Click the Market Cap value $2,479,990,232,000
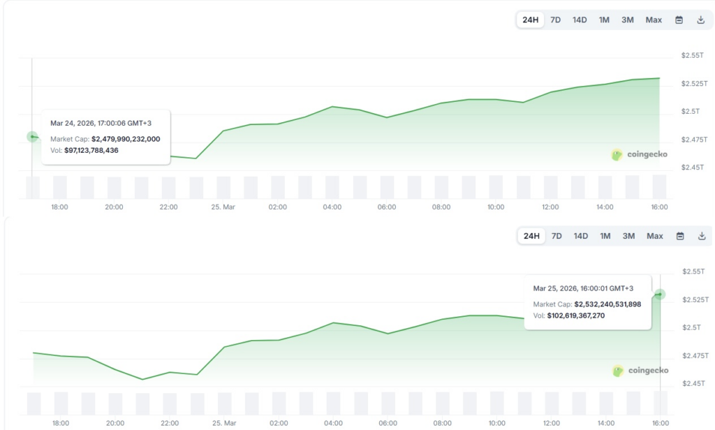point(126,139)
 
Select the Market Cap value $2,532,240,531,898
point(607,304)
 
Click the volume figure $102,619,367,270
point(580,316)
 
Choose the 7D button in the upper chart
point(556,20)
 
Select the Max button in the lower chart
point(655,236)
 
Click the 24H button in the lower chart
point(531,236)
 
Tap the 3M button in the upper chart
point(628,20)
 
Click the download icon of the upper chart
point(700,20)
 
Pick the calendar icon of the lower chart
point(679,236)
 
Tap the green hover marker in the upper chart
point(32,137)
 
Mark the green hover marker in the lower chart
point(660,295)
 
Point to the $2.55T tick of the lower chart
point(693,272)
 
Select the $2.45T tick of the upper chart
point(693,168)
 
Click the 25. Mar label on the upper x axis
point(223,207)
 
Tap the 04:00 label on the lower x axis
point(333,423)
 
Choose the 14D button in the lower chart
point(580,236)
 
